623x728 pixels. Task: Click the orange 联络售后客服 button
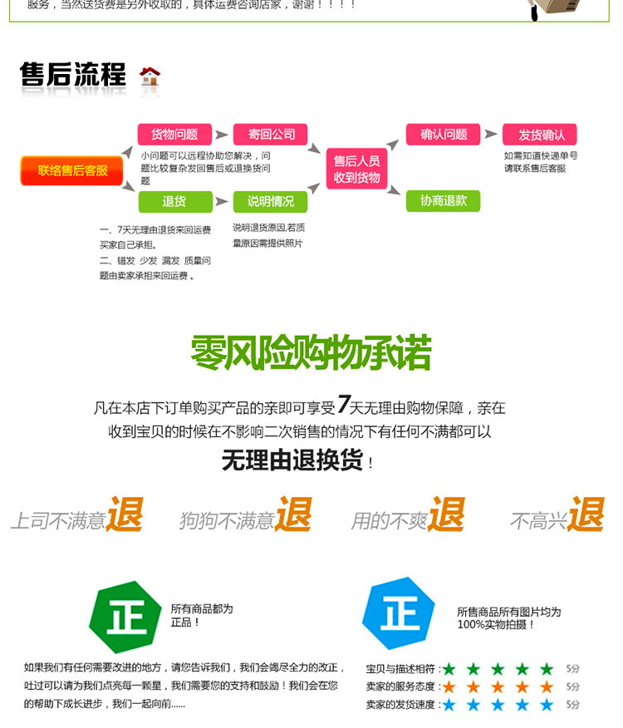coord(72,170)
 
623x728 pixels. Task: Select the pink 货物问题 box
coord(174,135)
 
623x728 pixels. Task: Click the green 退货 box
coord(174,201)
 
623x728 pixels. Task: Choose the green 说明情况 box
coord(270,201)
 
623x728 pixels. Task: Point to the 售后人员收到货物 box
coord(356,169)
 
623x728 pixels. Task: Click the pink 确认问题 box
coord(444,135)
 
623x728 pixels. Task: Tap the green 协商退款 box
coord(444,200)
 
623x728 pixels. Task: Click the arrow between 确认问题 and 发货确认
coord(491,135)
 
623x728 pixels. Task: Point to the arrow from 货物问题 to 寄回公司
coord(222,135)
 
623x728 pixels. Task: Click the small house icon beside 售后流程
coord(150,76)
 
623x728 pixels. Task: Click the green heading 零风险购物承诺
coord(311,353)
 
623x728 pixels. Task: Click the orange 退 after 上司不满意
coord(125,514)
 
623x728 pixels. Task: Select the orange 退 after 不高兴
coord(586,514)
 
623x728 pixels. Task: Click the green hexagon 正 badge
coord(125,617)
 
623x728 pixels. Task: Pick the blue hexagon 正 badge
coord(399,614)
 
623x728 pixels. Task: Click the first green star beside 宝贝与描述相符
coord(449,669)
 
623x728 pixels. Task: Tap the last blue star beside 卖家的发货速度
coord(547,705)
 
